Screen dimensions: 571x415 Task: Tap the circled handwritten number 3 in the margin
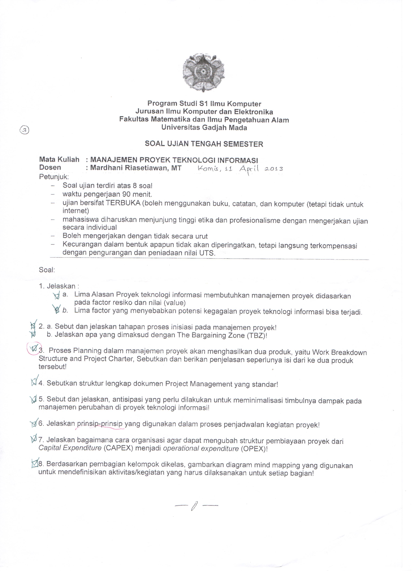coord(24,130)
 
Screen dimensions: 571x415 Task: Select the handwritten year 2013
coord(274,169)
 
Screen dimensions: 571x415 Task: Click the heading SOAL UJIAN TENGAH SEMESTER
coord(204,144)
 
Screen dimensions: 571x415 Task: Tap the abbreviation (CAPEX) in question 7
coord(118,448)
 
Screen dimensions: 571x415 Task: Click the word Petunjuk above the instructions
coord(54,177)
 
